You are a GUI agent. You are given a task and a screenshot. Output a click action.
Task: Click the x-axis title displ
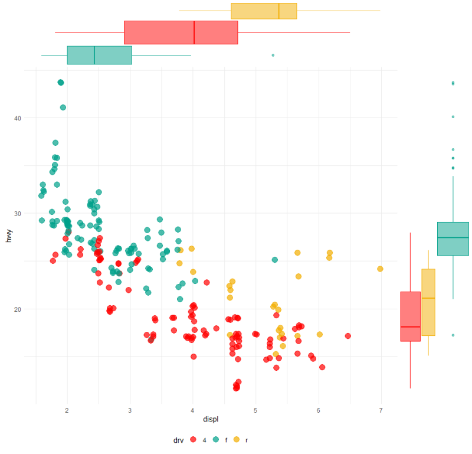coord(210,420)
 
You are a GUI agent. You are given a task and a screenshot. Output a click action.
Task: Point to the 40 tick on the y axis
coord(18,118)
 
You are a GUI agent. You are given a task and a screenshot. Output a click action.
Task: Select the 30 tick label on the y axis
coord(18,214)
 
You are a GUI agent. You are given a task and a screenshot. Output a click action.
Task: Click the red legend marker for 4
coord(192,440)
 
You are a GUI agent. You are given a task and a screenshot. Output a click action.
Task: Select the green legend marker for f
coord(217,440)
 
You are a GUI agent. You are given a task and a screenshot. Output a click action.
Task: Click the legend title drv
coord(178,440)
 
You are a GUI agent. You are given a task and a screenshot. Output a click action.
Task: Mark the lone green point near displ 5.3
coord(274,260)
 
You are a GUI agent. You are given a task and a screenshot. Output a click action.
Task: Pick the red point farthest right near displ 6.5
coord(348,336)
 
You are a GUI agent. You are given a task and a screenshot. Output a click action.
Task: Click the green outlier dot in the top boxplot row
coord(273,55)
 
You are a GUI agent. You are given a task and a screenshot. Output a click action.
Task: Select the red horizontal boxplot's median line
coord(194,32)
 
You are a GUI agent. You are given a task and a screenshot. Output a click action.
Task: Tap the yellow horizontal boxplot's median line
coord(278,11)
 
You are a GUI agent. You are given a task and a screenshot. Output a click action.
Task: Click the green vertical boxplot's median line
coord(453,237)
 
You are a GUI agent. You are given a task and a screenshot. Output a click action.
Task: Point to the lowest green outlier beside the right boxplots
coord(453,335)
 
